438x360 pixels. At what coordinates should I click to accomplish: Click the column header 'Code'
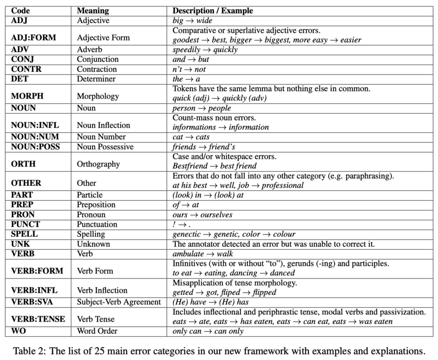(20, 11)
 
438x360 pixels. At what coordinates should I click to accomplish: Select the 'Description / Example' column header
(213, 11)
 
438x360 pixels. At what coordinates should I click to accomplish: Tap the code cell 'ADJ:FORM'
(33, 37)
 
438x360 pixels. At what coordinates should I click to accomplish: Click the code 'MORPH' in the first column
(27, 96)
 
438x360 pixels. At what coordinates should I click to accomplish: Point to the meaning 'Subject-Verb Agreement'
(119, 302)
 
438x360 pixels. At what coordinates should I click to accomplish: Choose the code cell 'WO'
(18, 331)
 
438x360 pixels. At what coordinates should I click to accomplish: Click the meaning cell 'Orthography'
(98, 164)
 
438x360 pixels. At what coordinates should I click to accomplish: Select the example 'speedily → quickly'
(205, 50)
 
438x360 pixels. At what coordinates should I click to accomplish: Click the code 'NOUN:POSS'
(35, 147)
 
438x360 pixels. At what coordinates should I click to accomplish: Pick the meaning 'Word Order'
(97, 331)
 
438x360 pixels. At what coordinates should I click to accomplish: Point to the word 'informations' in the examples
(194, 127)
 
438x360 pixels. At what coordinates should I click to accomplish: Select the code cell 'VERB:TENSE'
(38, 319)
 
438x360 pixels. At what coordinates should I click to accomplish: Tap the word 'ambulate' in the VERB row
(188, 254)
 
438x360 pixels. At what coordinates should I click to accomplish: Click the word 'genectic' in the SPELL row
(186, 234)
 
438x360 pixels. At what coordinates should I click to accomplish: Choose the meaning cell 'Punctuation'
(97, 224)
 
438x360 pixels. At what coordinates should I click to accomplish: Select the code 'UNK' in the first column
(20, 244)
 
